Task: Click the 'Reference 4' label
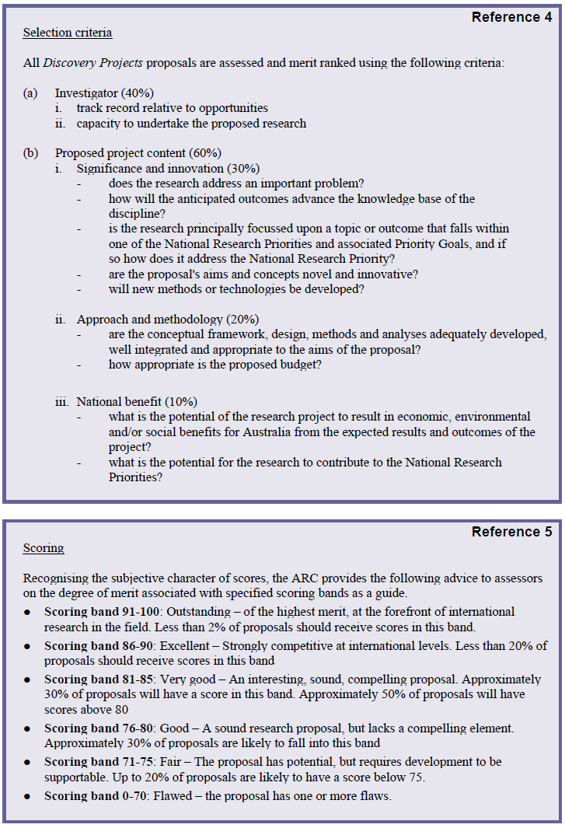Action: coord(511,17)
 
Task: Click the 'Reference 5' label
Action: coord(511,532)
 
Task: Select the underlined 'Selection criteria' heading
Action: coord(68,33)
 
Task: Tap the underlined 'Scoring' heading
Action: coord(44,548)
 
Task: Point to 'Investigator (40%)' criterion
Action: coord(103,93)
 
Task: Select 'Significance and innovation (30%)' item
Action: coord(168,168)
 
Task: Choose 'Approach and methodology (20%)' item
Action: coord(168,320)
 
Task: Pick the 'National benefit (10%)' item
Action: coord(137,402)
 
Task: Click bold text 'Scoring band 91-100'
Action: coord(99,612)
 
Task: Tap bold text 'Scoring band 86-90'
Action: coord(96,646)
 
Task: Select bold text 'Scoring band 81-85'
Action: coord(96,680)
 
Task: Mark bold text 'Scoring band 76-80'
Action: coord(96,728)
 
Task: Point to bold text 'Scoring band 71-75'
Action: coord(96,762)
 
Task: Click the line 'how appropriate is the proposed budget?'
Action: coord(215,364)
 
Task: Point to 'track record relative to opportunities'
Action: coord(172,108)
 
